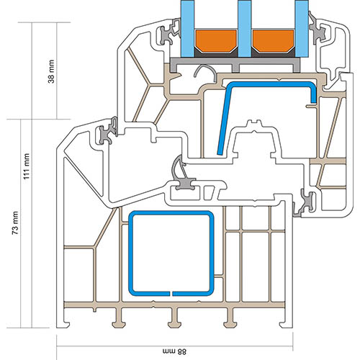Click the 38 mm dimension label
click(51, 71)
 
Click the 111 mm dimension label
click(26, 166)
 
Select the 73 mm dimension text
click(15, 223)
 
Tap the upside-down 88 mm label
click(174, 352)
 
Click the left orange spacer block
click(216, 40)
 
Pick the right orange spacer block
click(273, 40)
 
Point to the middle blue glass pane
click(244, 29)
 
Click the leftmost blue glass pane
click(187, 29)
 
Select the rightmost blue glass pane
click(302, 29)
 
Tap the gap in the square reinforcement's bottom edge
click(171, 294)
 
